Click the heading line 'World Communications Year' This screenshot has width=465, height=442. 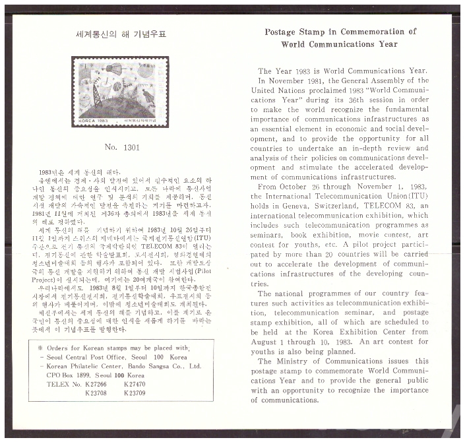[339, 44]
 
